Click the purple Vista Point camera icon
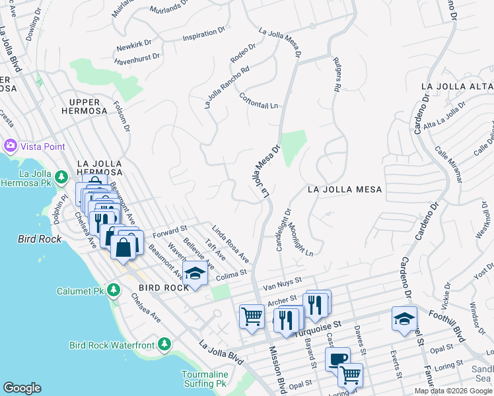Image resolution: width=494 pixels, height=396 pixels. point(10,145)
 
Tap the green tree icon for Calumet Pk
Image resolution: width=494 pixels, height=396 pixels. point(114,290)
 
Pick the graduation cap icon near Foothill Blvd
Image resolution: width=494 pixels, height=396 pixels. point(404,318)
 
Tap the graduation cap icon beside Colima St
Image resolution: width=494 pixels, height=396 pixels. point(195,275)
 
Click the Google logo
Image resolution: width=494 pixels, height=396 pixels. point(22,387)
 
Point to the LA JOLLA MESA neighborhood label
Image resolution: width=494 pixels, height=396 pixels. point(345,189)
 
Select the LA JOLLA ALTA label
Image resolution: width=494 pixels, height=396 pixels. point(457,86)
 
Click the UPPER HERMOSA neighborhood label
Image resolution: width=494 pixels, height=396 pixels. point(88,106)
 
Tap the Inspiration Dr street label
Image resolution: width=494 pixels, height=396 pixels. point(199,34)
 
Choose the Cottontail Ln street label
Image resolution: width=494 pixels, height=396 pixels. point(259,100)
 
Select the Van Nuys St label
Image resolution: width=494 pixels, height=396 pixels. point(282,283)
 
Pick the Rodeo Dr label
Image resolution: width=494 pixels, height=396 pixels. point(243,52)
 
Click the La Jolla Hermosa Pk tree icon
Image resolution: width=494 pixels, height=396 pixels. point(61,177)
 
